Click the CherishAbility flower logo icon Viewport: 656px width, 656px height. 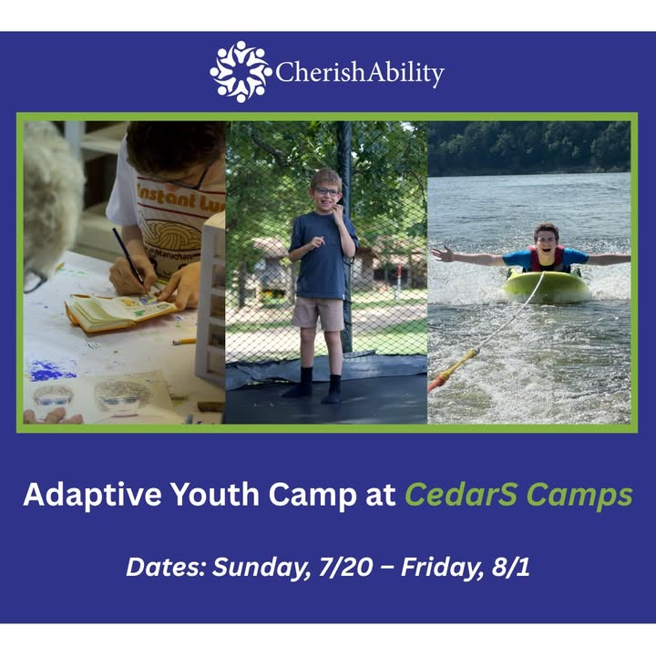tap(241, 72)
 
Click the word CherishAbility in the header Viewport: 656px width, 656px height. tap(360, 73)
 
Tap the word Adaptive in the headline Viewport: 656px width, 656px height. tap(92, 496)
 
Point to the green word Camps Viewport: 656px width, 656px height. tap(579, 496)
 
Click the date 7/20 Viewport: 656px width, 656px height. tap(345, 568)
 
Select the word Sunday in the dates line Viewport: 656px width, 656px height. tap(261, 569)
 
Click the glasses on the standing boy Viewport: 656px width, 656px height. tap(326, 191)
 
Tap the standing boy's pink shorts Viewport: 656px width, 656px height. tap(318, 313)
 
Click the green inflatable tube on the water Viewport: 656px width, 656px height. tap(547, 287)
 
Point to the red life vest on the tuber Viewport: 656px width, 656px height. tap(547, 259)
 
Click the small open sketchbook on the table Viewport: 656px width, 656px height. tap(120, 313)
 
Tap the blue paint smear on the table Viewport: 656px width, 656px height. tap(51, 370)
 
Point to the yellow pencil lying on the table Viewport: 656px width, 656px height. tap(184, 342)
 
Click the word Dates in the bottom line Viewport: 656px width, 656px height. tap(166, 568)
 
